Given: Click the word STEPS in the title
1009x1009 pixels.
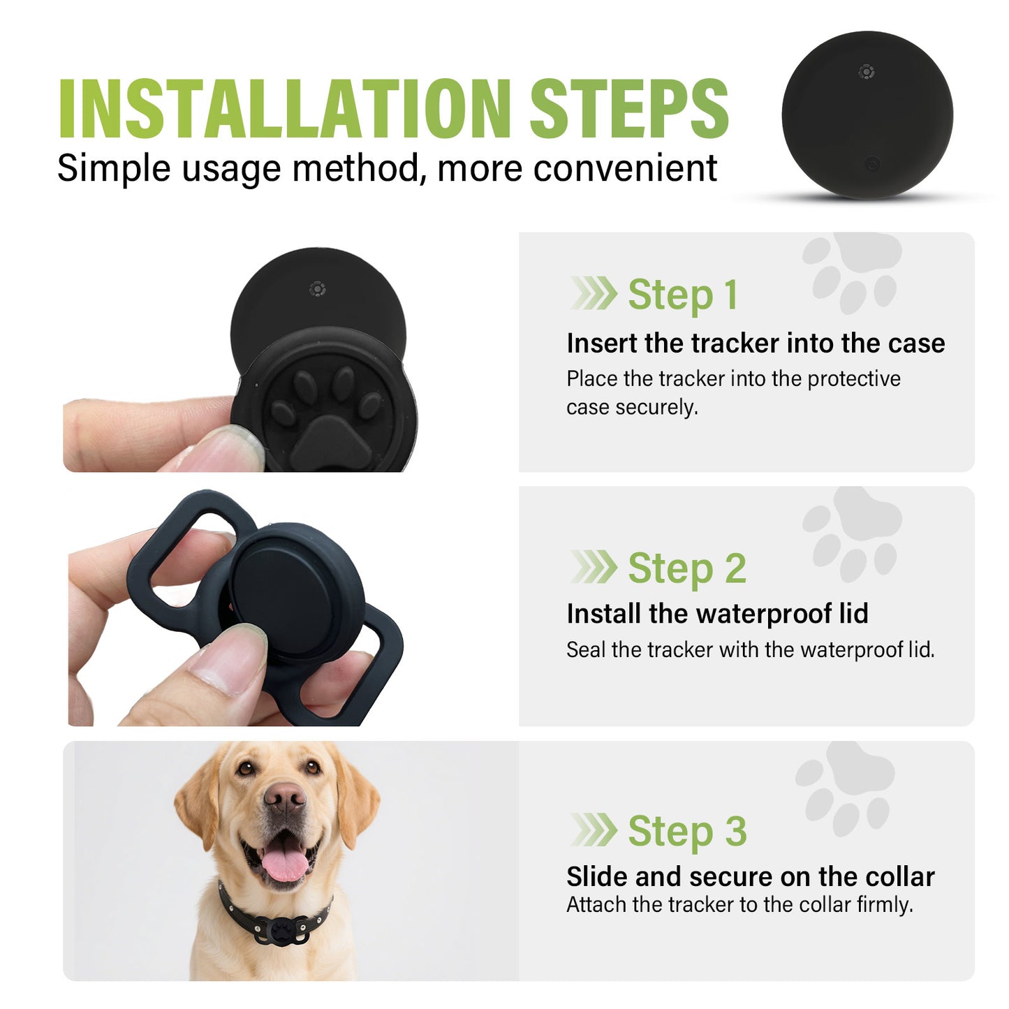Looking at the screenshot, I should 628,109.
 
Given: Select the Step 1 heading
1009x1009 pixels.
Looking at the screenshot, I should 682,295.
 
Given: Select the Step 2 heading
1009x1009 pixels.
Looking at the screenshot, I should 686,568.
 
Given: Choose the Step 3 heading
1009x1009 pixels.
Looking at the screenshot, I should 686,831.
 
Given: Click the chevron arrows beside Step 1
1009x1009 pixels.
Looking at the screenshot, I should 594,293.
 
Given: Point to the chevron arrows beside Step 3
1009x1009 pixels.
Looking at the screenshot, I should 594,830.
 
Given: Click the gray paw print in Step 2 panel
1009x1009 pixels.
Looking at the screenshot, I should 853,534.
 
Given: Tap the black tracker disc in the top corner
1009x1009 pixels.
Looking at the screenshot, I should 867,115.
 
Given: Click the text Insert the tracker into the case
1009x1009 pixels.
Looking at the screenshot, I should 755,344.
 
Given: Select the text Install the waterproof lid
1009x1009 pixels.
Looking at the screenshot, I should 717,614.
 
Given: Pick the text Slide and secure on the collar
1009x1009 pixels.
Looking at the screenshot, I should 750,876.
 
